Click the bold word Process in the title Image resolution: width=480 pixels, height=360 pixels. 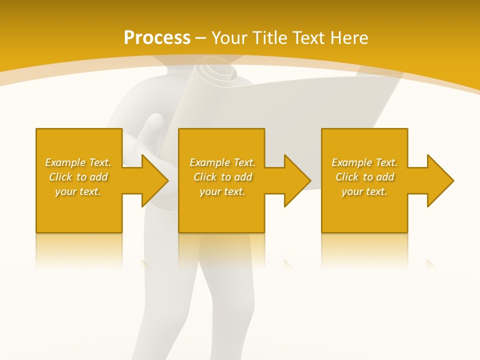(157, 38)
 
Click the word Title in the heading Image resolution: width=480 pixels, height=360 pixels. (270, 38)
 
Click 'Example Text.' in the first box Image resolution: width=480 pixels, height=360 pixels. (78, 162)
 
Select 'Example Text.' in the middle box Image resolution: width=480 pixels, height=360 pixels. (222, 162)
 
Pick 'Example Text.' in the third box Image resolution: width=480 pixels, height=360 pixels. (364, 162)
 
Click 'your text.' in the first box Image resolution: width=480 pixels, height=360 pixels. (78, 191)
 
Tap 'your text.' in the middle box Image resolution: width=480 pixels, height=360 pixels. (222, 191)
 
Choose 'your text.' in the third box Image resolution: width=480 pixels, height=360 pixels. (364, 191)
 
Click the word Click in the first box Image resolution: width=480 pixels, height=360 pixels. (60, 177)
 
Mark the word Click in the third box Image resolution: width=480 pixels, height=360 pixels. (347, 177)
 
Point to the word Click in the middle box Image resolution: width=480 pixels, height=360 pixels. (205, 177)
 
